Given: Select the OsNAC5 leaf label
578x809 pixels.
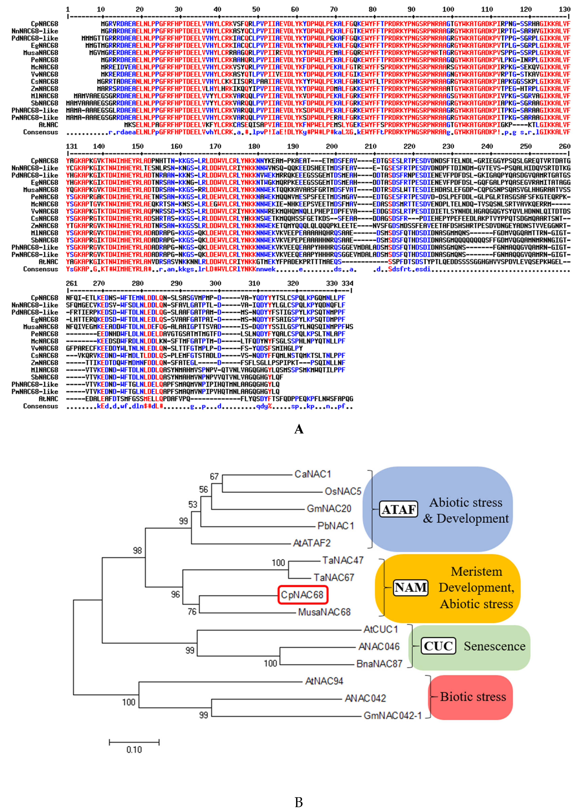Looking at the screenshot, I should coord(343,492).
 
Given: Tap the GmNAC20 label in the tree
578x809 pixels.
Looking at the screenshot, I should coord(329,509).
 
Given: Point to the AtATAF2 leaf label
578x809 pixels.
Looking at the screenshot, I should coord(312,543).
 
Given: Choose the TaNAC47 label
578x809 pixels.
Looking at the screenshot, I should coord(343,561).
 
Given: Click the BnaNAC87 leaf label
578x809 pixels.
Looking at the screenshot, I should coord(379,664).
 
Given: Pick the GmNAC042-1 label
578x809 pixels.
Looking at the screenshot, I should coord(392,715).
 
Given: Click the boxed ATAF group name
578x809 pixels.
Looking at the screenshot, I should coord(399,510).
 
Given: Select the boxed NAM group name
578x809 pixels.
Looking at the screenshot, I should coord(411,587).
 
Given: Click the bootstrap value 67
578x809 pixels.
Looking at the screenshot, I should coord(214,477).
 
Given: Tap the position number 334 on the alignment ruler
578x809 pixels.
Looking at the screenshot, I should coord(347,283).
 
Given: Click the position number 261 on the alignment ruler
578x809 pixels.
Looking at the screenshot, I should coord(72,283).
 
